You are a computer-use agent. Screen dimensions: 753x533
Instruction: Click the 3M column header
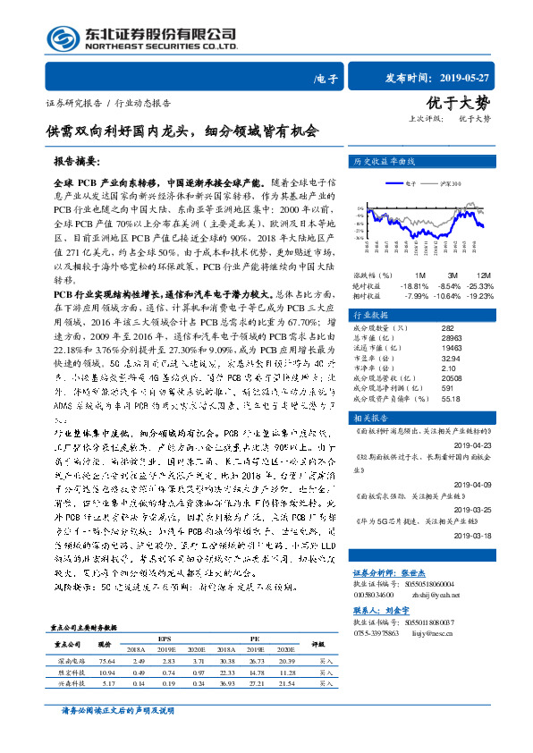tap(454, 274)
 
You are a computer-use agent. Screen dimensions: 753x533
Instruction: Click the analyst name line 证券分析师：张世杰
tap(387, 569)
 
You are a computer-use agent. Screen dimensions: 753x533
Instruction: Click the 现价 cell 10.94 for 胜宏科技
tap(106, 673)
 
